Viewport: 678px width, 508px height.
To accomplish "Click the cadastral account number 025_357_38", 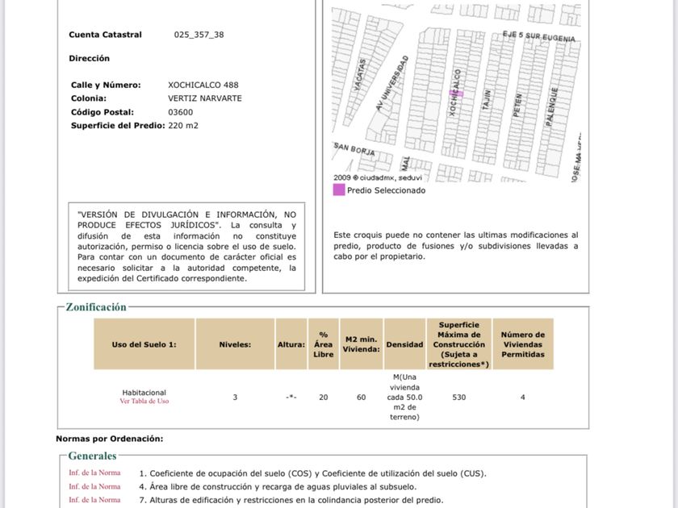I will pos(199,35).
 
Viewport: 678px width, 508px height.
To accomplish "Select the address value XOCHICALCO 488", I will pos(203,85).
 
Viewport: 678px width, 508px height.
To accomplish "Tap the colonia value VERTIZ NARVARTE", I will pos(204,98).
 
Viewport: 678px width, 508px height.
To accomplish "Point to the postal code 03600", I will pos(180,112).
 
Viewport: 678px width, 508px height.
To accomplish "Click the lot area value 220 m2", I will pos(182,126).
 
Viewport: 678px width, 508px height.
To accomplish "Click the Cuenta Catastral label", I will pos(105,35).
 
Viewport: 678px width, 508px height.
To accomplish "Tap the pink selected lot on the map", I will pos(456,94).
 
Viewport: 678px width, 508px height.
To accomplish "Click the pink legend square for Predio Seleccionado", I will pos(339,190).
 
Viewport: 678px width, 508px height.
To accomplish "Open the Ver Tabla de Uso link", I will pos(144,402).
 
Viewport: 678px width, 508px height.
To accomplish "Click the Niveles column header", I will pos(235,344).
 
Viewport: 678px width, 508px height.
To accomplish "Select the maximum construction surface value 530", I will pos(458,397).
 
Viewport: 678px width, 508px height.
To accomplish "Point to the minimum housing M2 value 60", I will pos(361,397).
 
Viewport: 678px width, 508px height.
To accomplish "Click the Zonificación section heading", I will pos(96,307).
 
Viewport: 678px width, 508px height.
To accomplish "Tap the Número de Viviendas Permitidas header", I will pos(522,344).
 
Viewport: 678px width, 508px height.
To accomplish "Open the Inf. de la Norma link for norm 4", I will pos(94,486).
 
